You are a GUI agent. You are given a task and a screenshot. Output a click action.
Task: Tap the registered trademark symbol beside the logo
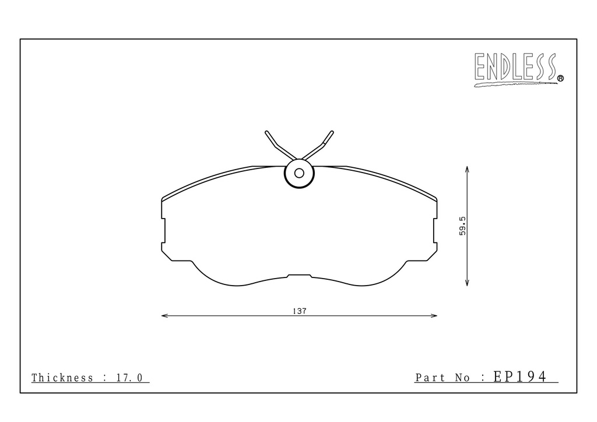(x=560, y=78)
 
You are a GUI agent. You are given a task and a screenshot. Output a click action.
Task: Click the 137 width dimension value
(x=300, y=311)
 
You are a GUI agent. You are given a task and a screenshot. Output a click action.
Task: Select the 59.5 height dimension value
(x=462, y=226)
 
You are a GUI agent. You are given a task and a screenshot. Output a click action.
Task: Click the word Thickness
(x=62, y=378)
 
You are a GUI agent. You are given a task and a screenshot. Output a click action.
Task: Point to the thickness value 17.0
(x=129, y=378)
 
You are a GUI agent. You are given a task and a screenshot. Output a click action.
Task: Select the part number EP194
(x=520, y=377)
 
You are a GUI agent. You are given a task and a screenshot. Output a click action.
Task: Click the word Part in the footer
(x=430, y=378)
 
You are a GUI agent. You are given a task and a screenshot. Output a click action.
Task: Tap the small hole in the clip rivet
(x=299, y=174)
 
